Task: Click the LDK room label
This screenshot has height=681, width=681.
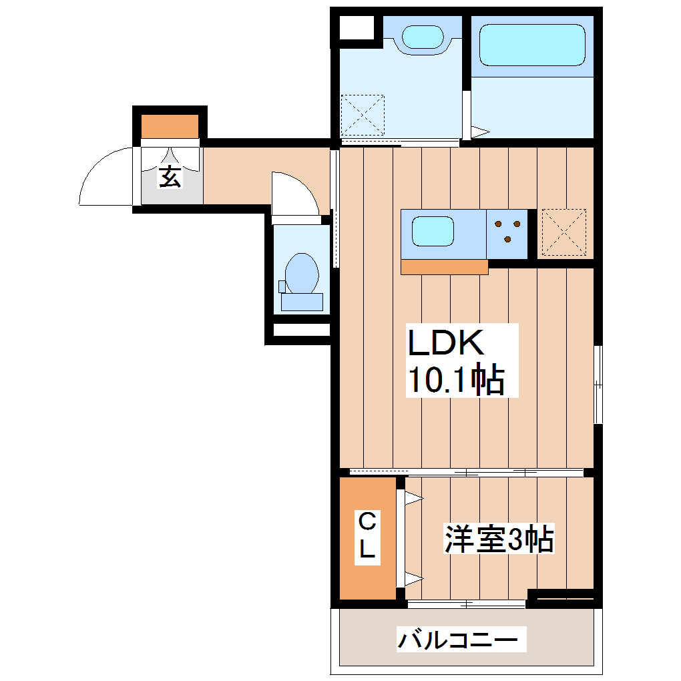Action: click(445, 344)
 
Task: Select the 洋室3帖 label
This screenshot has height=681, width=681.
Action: click(499, 539)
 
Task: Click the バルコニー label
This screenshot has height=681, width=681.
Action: click(458, 640)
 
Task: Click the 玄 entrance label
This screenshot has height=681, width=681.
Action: click(170, 176)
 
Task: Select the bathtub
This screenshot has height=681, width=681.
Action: click(531, 44)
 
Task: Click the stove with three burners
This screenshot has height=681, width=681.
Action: click(507, 232)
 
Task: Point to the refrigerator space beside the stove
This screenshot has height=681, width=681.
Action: click(563, 232)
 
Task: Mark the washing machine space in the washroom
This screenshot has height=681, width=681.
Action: click(363, 115)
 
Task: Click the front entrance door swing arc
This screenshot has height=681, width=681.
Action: click(103, 176)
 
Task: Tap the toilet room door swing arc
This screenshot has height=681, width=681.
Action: click(294, 194)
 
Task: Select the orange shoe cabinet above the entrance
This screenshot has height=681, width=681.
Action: click(170, 126)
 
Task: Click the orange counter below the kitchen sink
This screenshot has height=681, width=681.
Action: click(444, 266)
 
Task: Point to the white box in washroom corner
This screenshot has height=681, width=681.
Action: click(357, 28)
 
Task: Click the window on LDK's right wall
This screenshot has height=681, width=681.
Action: click(598, 385)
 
